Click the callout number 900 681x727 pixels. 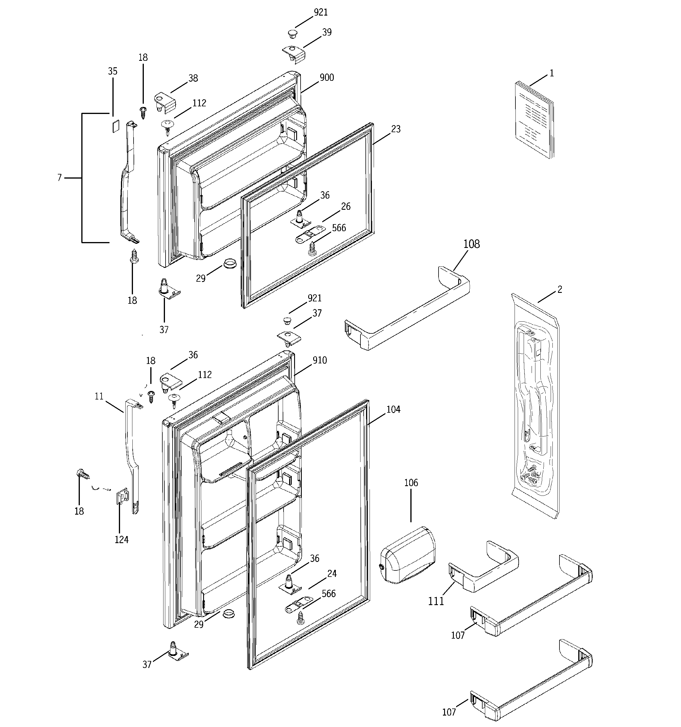326,78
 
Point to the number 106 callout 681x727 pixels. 411,483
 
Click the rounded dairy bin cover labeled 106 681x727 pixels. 408,556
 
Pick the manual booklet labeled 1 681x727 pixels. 533,121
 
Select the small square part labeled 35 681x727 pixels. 116,126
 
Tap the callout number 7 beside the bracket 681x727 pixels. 60,178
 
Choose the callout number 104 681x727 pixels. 393,409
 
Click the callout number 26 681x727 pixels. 345,206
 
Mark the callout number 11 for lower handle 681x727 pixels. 99,397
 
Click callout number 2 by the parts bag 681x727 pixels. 560,290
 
